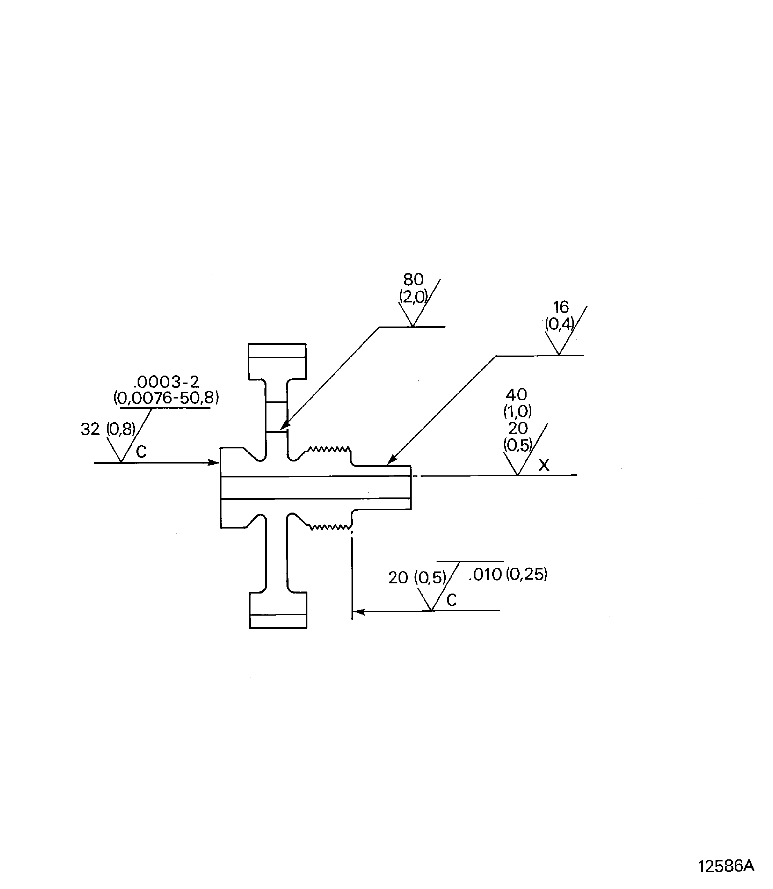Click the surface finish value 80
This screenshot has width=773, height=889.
coord(413,279)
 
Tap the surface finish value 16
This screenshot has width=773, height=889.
coord(561,307)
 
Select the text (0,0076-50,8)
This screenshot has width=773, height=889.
coord(166,397)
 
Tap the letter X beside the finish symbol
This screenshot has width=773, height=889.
coord(544,465)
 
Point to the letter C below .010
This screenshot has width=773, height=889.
coord(452,600)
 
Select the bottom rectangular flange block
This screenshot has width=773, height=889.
coord(278,610)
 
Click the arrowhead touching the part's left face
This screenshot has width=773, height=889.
coord(214,463)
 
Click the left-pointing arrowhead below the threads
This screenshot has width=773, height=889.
coord(359,612)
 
